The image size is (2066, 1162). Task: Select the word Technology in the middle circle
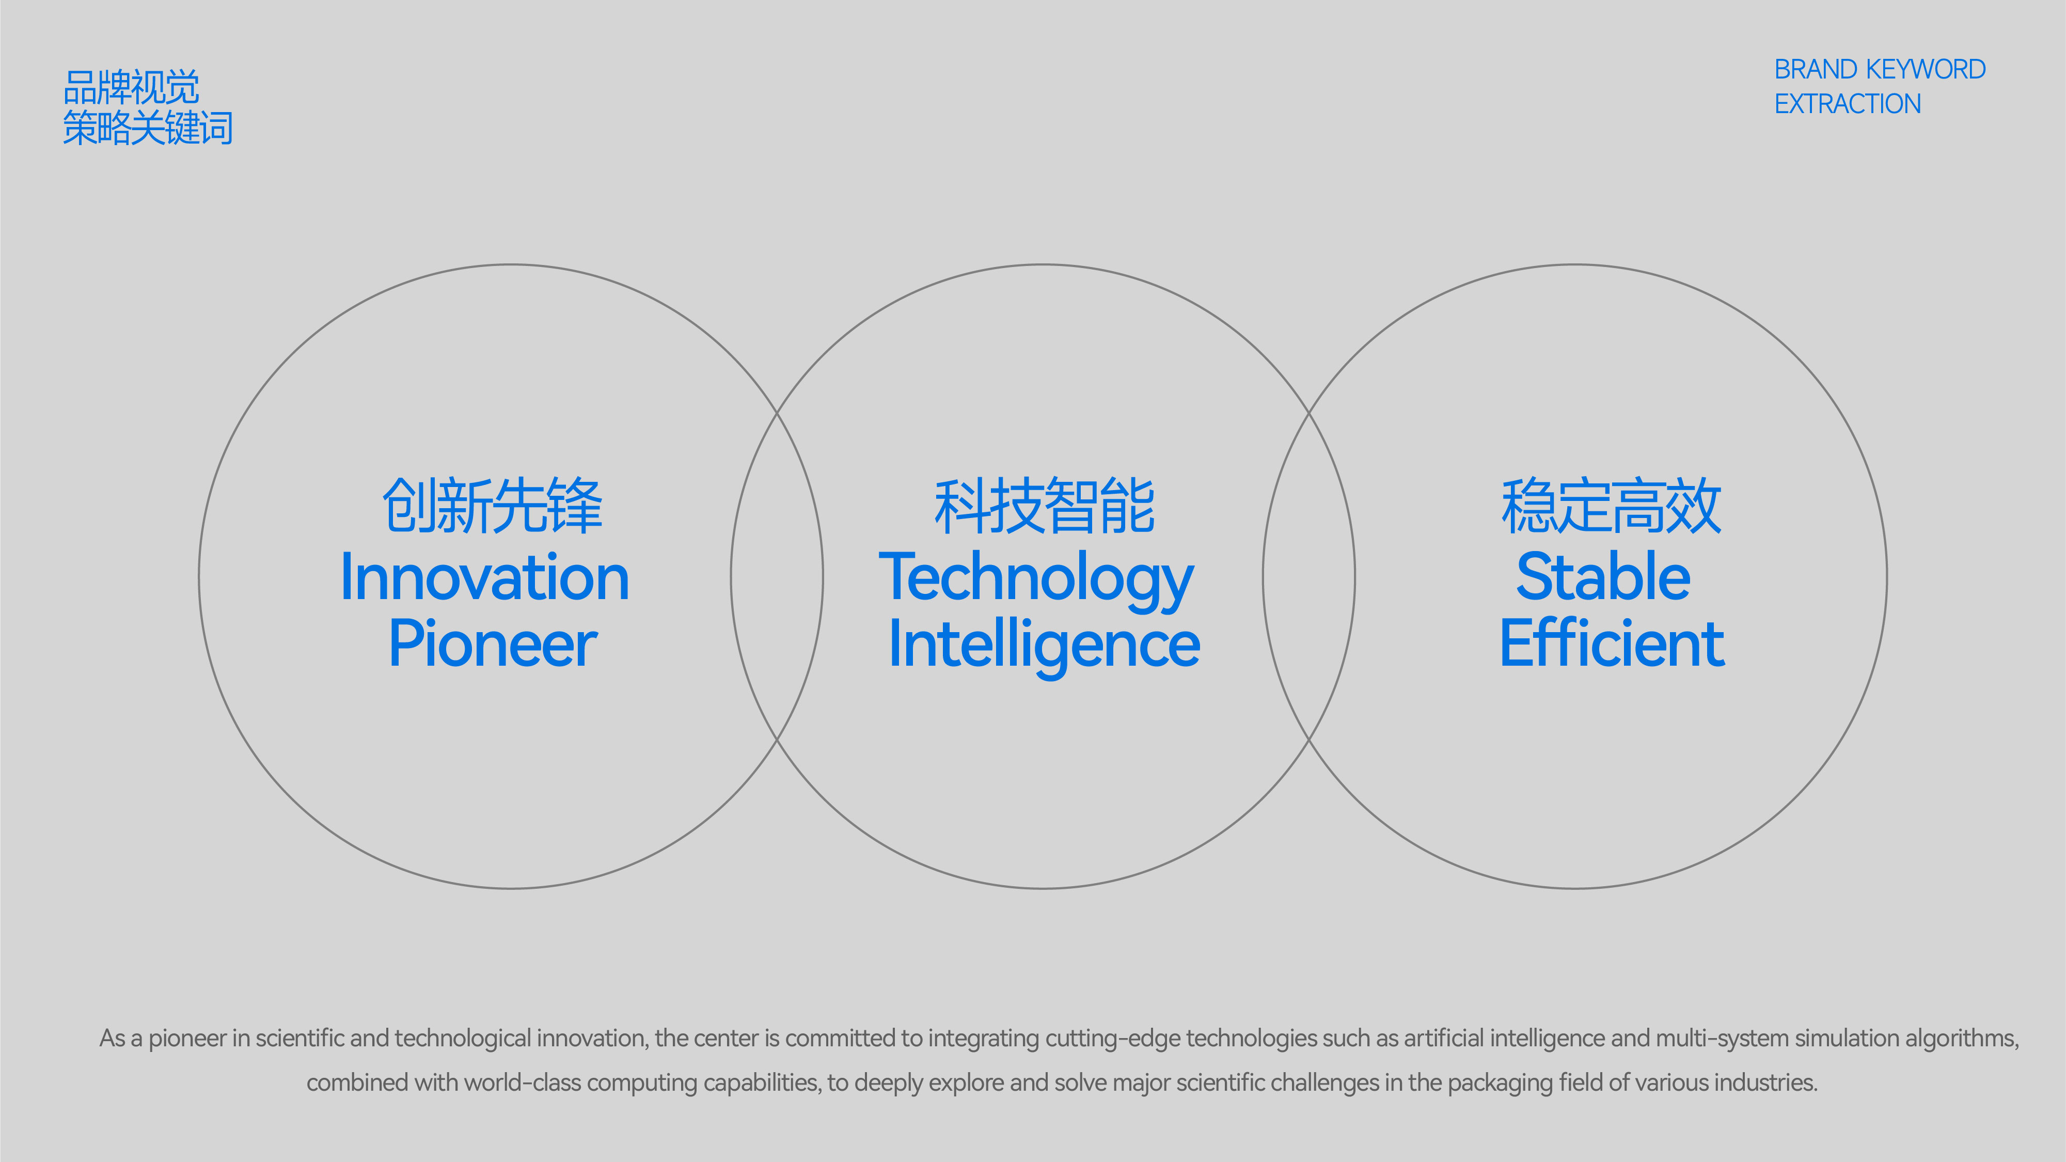pyautogui.click(x=1036, y=580)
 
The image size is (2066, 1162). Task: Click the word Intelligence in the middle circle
pyautogui.click(x=1044, y=647)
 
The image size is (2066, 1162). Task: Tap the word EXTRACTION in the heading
pyautogui.click(x=1848, y=104)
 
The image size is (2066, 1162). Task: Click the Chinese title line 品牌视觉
pyautogui.click(x=131, y=87)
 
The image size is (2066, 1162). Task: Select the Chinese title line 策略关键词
pyautogui.click(x=148, y=128)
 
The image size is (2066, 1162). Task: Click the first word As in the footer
pyautogui.click(x=112, y=1039)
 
